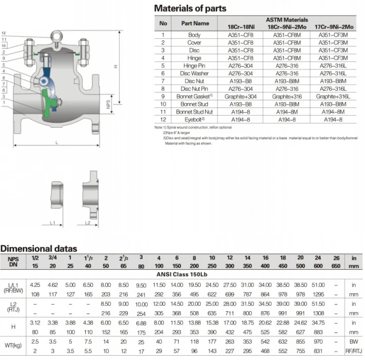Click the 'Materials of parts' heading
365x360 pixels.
tap(190, 9)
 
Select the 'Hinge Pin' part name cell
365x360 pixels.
tap(194, 66)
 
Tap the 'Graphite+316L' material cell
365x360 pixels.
tap(333, 97)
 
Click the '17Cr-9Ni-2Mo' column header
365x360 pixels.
tap(334, 27)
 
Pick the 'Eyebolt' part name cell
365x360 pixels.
tap(194, 119)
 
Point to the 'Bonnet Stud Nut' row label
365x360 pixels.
tap(194, 112)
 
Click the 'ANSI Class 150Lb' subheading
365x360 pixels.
tap(182, 274)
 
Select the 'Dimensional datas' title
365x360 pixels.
tap(39, 249)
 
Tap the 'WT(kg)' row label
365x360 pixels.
tap(13, 345)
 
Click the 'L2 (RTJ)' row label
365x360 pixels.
tap(13, 307)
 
